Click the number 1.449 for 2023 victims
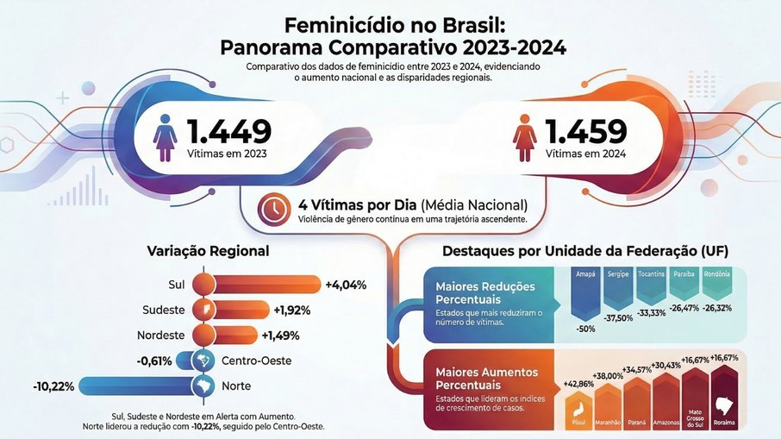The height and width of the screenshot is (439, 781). coord(229,131)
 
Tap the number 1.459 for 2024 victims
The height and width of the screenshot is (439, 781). coord(585,131)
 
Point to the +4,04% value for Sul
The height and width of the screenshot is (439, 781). coord(346,285)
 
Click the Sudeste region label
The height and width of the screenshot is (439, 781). coord(163,310)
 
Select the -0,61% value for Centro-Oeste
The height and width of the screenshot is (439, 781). coord(155,360)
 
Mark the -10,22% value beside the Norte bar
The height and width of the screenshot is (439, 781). coord(53,385)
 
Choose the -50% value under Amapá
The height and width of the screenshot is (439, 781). coord(587,329)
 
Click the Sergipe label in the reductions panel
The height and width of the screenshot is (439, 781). coord(616,273)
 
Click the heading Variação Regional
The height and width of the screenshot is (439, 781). coord(209,252)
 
